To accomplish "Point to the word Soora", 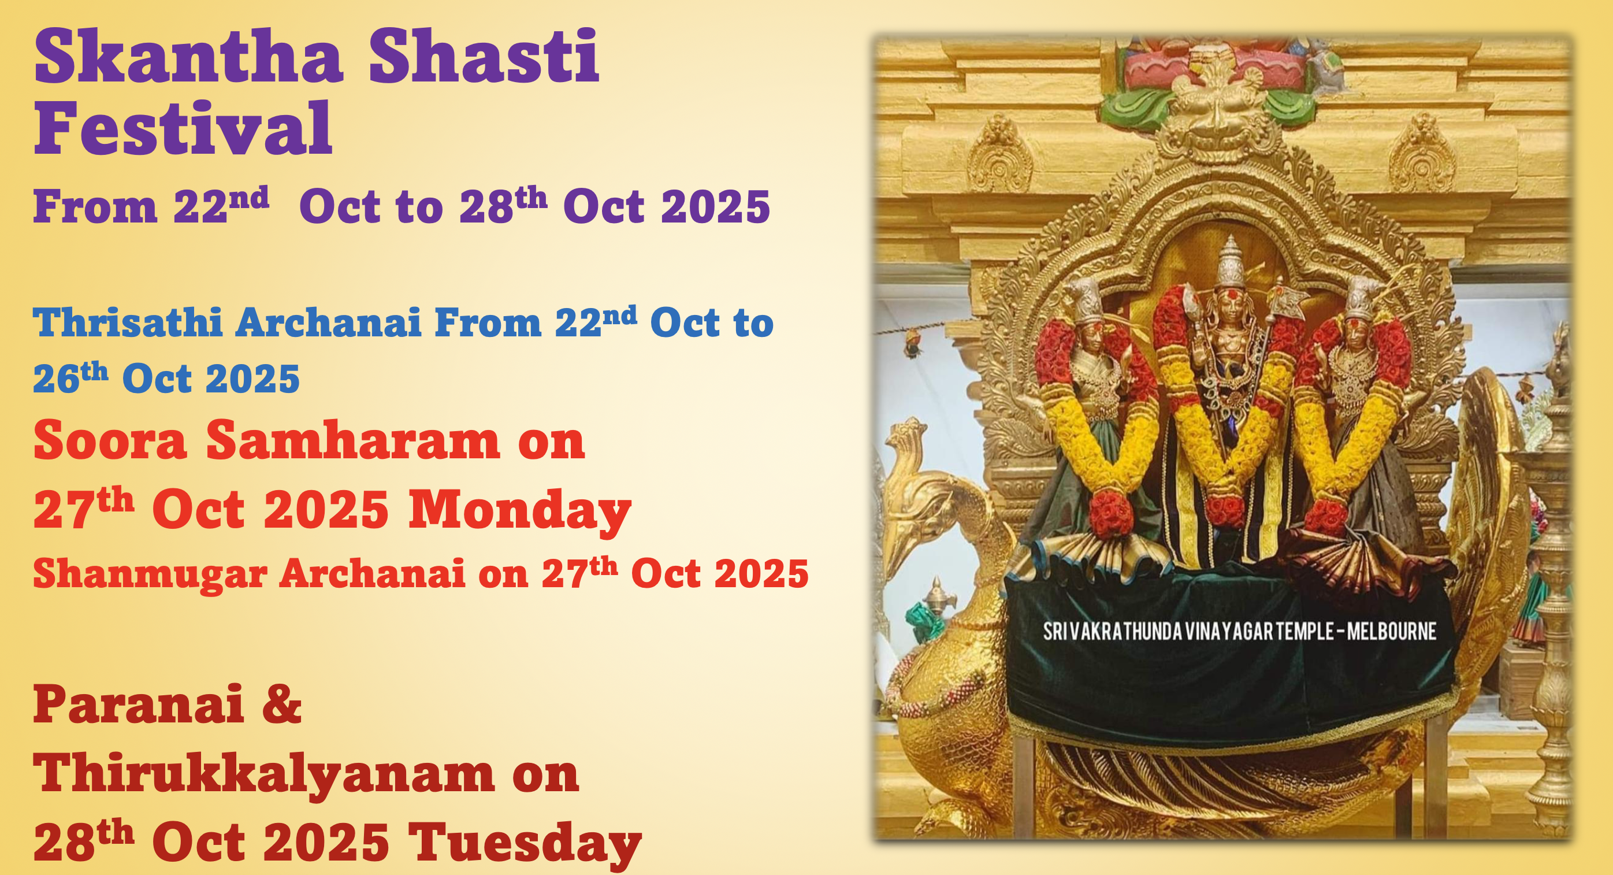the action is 110,440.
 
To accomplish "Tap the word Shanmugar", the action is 150,575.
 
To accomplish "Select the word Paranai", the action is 139,704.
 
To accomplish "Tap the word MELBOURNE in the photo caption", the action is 1391,631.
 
